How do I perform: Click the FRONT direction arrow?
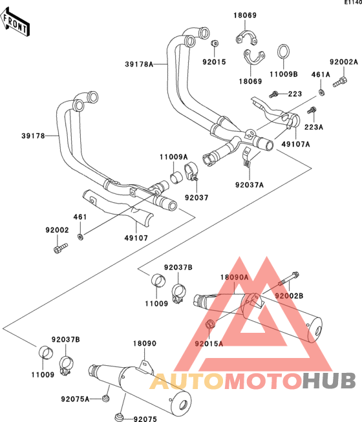click(x=15, y=23)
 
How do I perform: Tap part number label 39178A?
click(x=139, y=65)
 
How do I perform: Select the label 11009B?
click(x=284, y=74)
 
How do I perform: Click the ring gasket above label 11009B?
click(x=283, y=52)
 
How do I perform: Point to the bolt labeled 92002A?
click(x=340, y=82)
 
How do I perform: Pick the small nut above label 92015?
click(x=215, y=43)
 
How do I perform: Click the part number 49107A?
click(x=296, y=144)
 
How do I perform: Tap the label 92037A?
click(x=250, y=185)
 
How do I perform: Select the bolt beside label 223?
click(x=273, y=94)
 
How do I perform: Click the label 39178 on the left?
click(x=34, y=136)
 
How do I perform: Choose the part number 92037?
click(x=197, y=198)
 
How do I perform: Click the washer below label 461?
click(x=80, y=237)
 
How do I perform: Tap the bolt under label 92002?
click(x=61, y=248)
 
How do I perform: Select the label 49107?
click(x=136, y=238)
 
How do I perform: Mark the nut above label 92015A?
click(x=210, y=324)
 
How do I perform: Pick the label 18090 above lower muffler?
click(x=145, y=343)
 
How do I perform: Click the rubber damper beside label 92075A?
click(x=106, y=398)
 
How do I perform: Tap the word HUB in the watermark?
click(x=329, y=381)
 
